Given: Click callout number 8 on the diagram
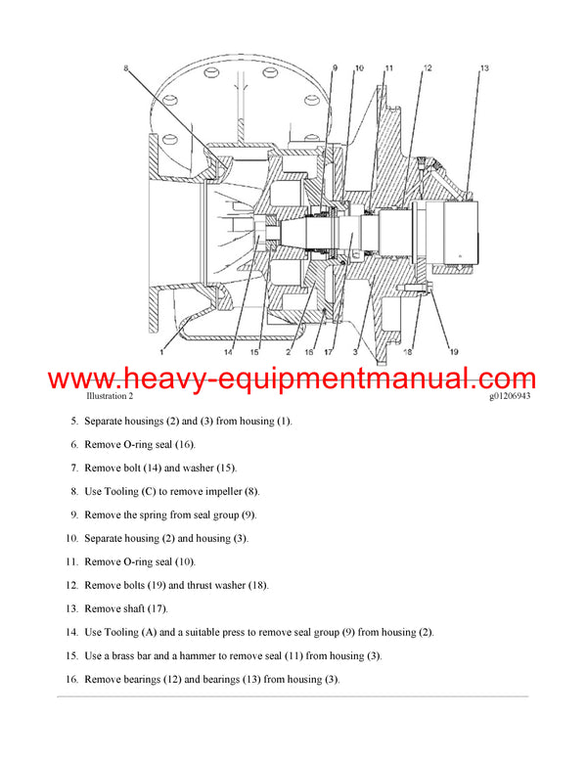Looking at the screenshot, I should tap(126, 67).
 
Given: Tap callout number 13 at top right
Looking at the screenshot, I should tap(483, 67).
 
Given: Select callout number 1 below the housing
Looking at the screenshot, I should tap(161, 351).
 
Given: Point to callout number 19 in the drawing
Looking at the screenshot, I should tap(453, 351).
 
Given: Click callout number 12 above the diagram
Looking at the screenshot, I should tap(428, 67).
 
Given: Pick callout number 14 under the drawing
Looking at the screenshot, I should tap(228, 351).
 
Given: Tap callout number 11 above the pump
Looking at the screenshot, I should tap(388, 67).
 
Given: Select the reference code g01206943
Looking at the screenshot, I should tap(511, 397).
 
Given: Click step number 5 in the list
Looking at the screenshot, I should tap(72, 421).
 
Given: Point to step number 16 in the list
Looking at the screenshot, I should tap(70, 679).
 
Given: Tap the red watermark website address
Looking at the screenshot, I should tap(292, 379).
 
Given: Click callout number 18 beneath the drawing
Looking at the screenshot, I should tap(409, 351).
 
